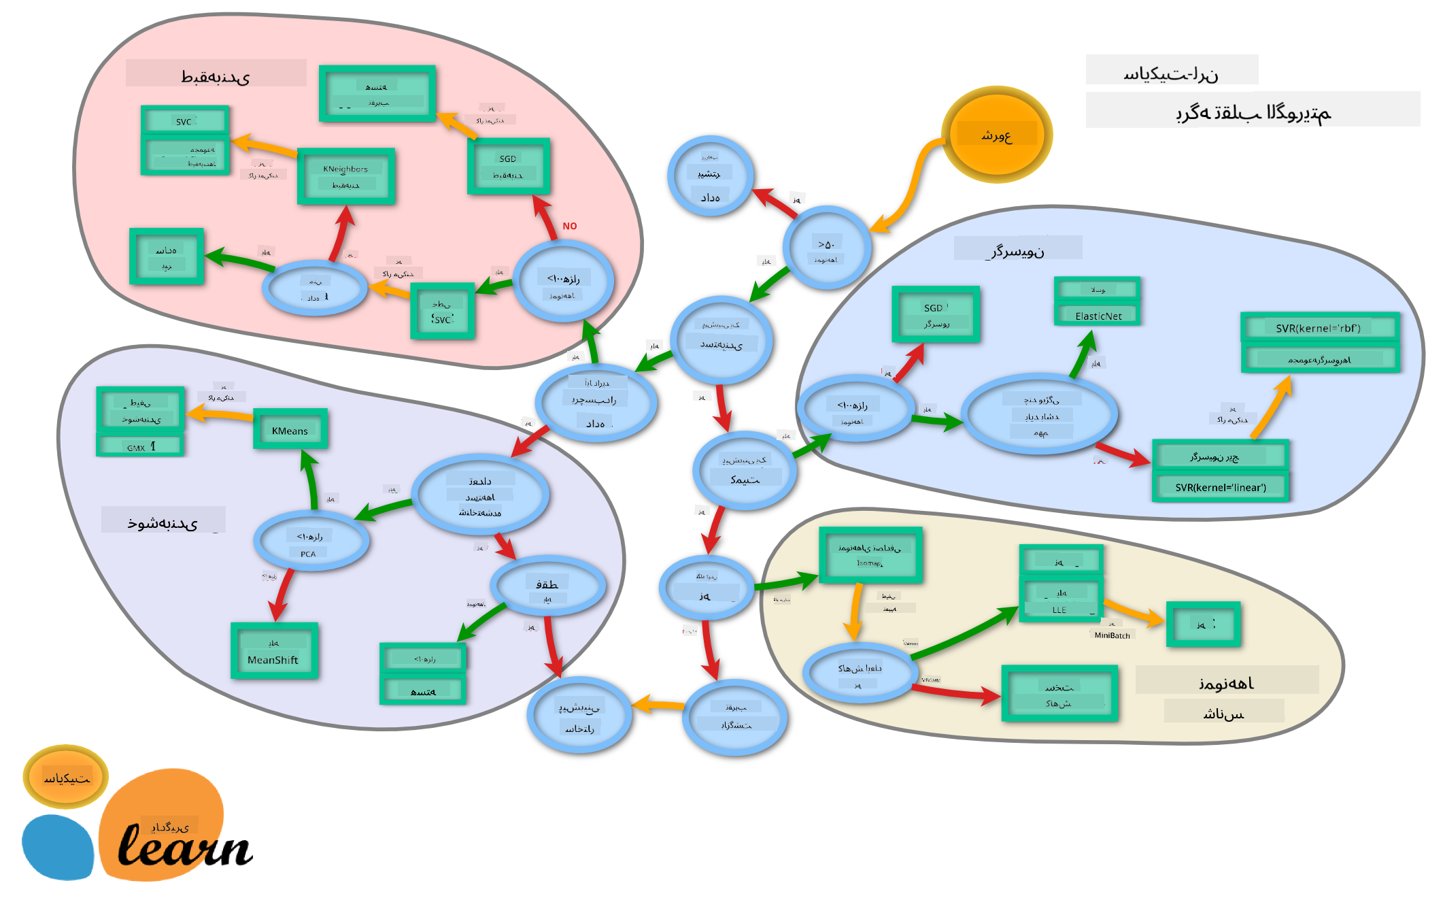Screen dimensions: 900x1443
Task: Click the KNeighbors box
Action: coord(345,176)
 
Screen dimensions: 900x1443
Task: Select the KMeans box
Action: coord(290,429)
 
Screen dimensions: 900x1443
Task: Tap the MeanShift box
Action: coord(274,651)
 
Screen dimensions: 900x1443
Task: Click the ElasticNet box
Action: coord(1098,315)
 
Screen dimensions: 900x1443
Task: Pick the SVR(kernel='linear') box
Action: coord(1220,487)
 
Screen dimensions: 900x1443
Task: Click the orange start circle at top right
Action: coord(996,135)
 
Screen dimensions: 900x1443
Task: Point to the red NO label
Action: coord(570,226)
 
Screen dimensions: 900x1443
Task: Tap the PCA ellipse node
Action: coord(311,542)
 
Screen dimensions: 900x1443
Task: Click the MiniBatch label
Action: coord(1112,635)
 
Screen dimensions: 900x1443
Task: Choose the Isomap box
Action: coord(870,555)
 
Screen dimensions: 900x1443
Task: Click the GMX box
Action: coord(140,446)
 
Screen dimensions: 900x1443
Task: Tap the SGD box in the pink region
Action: coord(509,166)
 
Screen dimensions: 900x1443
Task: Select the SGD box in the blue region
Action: coord(936,314)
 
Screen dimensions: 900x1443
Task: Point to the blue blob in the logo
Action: coord(58,847)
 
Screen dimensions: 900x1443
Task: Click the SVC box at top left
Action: coord(184,121)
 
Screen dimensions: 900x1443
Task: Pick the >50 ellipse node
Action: coord(827,248)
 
